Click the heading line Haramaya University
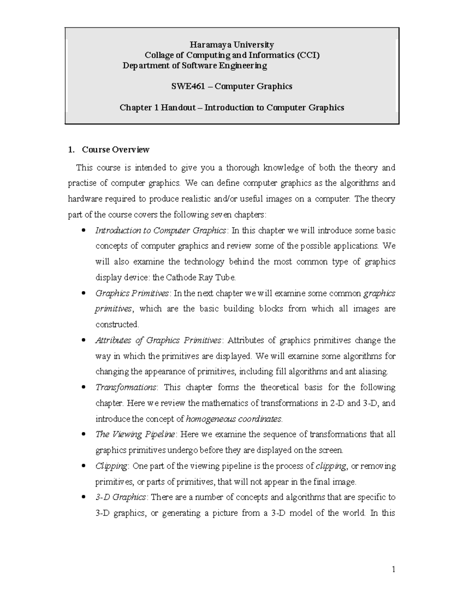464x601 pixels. click(x=232, y=45)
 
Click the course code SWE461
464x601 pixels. click(x=186, y=86)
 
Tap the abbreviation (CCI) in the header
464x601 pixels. click(x=308, y=55)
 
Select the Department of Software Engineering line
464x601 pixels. click(x=194, y=66)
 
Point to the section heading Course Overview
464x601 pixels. click(x=115, y=149)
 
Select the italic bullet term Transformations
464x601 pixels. click(x=126, y=387)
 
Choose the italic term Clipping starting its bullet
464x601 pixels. click(x=111, y=466)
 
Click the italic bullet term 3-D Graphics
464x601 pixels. click(x=121, y=497)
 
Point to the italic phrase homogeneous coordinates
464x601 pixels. click(x=234, y=419)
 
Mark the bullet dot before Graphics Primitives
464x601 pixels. click(x=84, y=294)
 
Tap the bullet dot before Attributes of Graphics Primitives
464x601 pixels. click(x=84, y=341)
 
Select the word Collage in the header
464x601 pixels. click(x=159, y=55)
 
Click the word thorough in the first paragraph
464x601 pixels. click(x=242, y=168)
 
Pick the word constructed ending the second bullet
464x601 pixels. click(x=117, y=324)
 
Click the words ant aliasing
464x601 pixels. click(x=366, y=372)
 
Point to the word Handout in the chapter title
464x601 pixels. click(x=178, y=108)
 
